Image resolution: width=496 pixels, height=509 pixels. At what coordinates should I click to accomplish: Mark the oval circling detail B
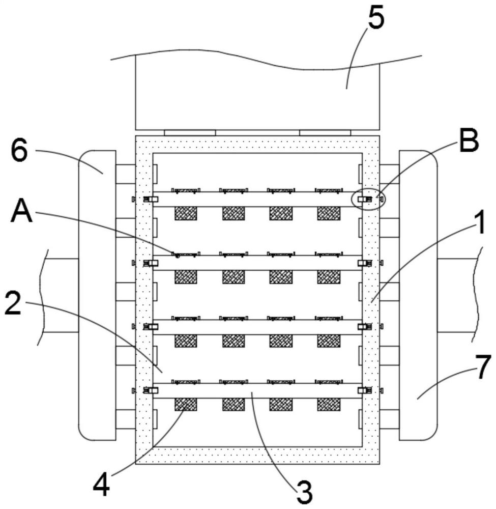pos(369,199)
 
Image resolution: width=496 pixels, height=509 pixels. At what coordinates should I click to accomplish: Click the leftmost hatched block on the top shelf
pos(186,213)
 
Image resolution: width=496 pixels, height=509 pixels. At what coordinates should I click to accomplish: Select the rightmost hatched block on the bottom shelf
pos(329,405)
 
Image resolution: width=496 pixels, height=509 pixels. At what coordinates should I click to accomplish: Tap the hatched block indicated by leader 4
pos(186,405)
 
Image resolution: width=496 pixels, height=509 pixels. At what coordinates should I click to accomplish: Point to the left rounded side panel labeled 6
pos(97,295)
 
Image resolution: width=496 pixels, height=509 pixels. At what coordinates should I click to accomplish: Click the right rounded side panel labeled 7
pos(418,295)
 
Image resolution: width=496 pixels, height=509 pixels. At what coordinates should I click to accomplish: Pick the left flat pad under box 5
pos(190,132)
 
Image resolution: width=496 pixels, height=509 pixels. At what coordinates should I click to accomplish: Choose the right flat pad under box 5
pos(325,132)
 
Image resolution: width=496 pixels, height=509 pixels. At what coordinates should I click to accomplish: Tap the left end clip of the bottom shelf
pos(151,390)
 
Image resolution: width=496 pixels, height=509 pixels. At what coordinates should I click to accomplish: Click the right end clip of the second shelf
pos(364,263)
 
